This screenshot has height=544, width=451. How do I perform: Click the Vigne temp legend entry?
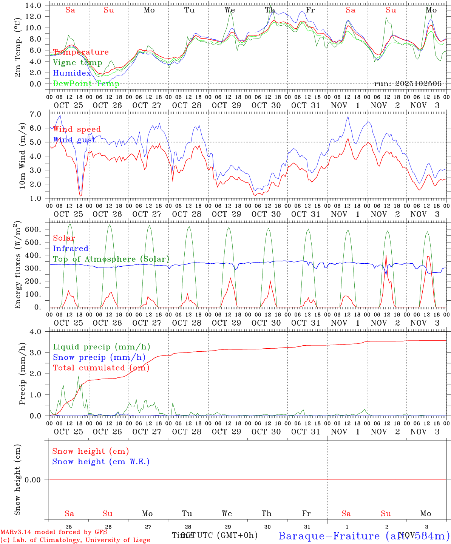77,63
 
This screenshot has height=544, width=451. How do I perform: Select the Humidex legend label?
72,73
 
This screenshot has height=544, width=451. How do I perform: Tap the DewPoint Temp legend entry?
86,84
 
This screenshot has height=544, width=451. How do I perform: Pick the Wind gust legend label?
74,140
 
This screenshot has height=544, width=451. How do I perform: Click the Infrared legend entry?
71,249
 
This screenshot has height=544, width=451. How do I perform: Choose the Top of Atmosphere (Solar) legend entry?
111,259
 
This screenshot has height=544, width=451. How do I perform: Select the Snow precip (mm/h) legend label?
99,357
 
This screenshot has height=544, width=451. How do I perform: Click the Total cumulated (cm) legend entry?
101,368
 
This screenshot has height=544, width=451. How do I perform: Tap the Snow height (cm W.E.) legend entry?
101,462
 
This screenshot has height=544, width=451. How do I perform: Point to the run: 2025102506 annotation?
408,84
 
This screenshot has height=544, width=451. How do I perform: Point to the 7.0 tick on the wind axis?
37,114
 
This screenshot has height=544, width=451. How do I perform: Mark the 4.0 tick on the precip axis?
37,332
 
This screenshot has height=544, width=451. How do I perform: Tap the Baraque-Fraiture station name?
329,536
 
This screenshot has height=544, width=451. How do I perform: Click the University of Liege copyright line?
75,540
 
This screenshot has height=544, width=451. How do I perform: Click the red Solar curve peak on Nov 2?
386,256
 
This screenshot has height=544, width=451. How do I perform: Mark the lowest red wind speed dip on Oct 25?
80,196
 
